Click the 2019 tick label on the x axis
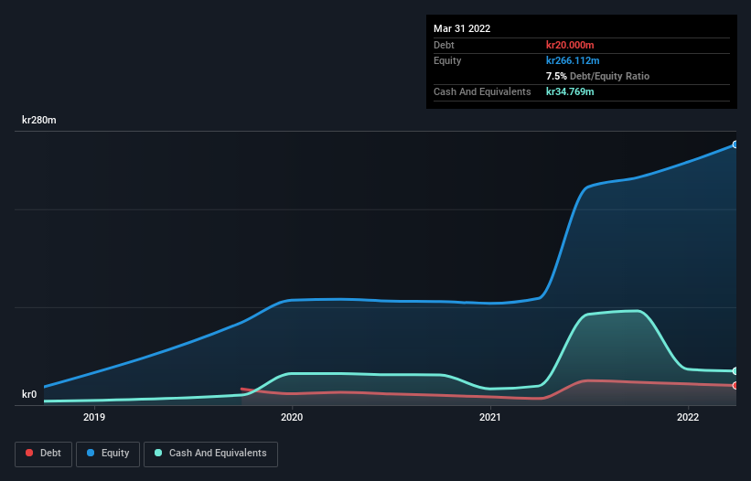coord(94,417)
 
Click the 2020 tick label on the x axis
coord(292,417)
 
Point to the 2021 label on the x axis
coord(490,417)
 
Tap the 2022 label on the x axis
coord(688,417)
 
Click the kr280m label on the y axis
coord(39,120)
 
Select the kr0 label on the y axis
coord(29,394)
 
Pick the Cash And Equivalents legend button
coord(210,453)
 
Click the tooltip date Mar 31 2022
coord(462,28)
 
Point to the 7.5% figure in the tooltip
coord(555,76)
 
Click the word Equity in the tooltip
coord(447,60)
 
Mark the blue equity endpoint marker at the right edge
coord(735,144)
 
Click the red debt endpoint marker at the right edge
coord(735,385)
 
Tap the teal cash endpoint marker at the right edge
coord(735,371)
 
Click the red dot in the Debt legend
coord(30,453)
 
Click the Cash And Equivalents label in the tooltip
coord(482,91)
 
